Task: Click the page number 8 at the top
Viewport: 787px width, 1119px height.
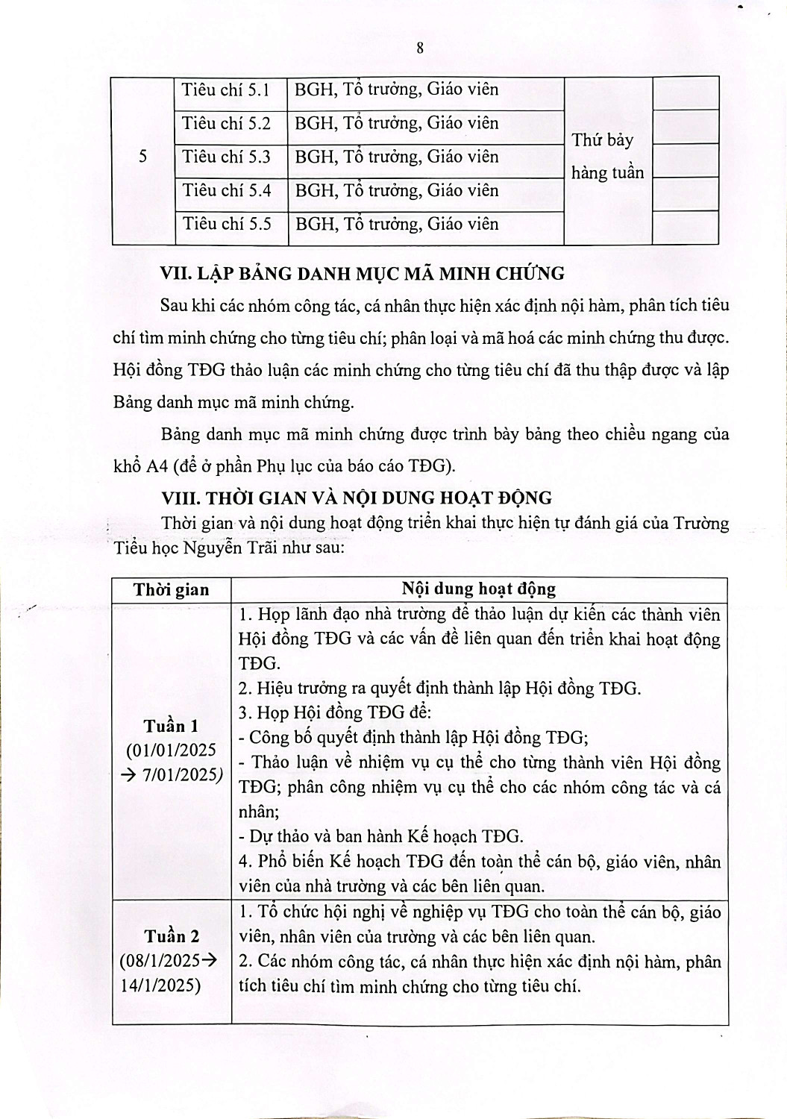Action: click(x=420, y=48)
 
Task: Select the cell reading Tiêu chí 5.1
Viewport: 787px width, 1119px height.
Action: click(x=226, y=90)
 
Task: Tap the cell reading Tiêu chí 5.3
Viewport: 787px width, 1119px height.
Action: click(x=226, y=157)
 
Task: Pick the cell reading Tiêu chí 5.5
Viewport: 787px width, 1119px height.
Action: click(x=226, y=224)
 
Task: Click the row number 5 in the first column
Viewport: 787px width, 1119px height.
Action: click(x=143, y=157)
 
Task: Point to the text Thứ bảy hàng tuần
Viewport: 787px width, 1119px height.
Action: click(x=606, y=156)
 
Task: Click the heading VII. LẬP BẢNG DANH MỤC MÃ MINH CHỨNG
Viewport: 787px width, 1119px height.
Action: click(x=363, y=273)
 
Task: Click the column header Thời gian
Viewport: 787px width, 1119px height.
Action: click(x=172, y=590)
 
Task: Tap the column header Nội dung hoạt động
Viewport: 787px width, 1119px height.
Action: click(x=479, y=589)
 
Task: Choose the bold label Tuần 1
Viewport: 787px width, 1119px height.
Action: click(x=172, y=726)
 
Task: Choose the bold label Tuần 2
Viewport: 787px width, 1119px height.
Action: click(x=172, y=935)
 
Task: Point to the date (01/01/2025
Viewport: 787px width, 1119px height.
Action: click(x=171, y=750)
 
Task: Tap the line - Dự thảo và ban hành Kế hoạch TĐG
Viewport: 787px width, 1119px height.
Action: click(x=380, y=836)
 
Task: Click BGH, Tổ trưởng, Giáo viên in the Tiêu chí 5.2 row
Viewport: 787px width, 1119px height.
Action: click(x=397, y=124)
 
